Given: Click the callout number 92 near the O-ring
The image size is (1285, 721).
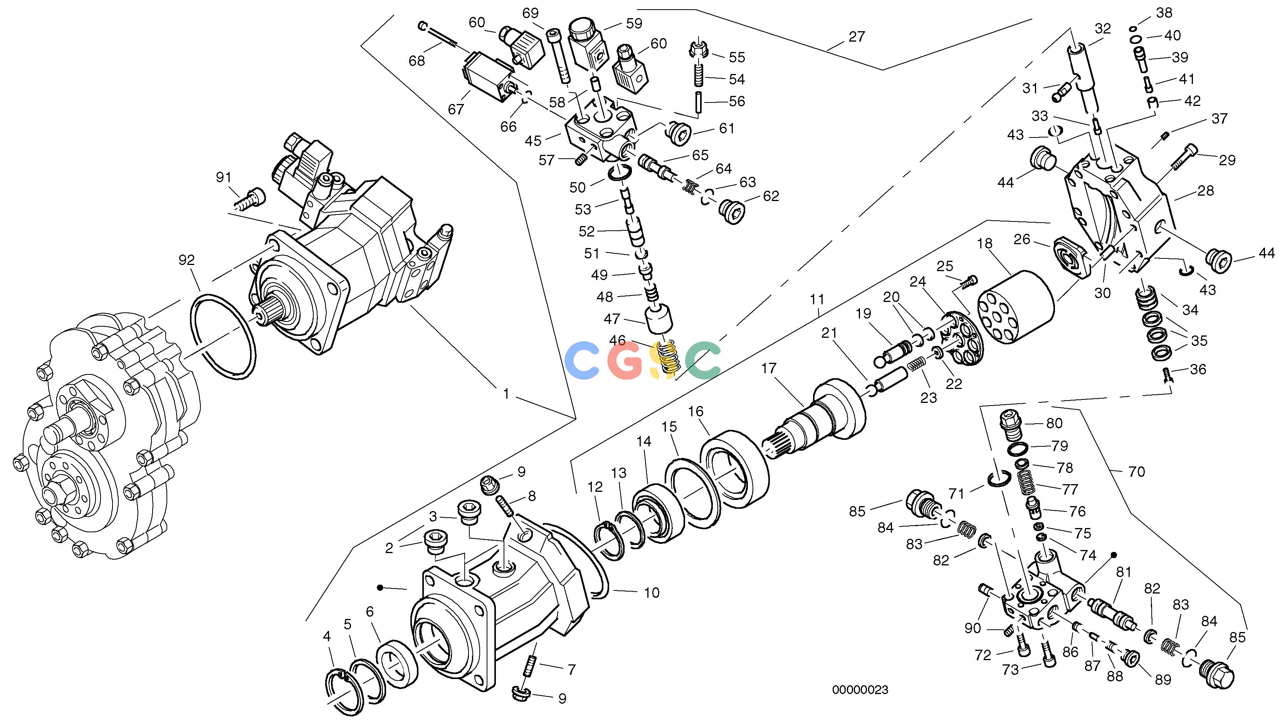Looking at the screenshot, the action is [x=186, y=260].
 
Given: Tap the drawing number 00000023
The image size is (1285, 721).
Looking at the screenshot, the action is [x=860, y=690].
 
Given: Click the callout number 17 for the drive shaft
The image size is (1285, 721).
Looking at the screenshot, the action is [x=769, y=369].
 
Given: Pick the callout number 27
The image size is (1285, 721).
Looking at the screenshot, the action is [x=857, y=37].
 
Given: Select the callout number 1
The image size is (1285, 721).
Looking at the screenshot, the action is [x=506, y=394].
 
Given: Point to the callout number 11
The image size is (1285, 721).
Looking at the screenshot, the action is [x=816, y=300].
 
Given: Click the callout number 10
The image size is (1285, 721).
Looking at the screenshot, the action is [x=652, y=593].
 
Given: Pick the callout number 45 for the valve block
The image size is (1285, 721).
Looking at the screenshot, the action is [x=533, y=141].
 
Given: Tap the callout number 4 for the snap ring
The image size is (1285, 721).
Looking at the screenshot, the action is [x=327, y=636].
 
